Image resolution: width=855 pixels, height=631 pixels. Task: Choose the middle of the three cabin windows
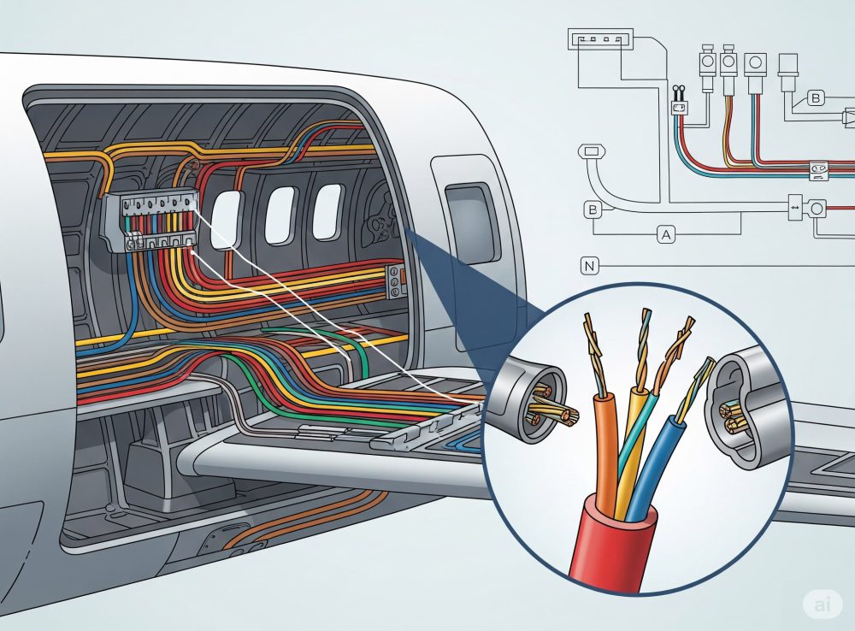(x=280, y=215)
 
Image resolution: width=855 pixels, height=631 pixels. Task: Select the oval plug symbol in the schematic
(x=593, y=152)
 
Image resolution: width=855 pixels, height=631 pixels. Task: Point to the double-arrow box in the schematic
(x=795, y=207)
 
